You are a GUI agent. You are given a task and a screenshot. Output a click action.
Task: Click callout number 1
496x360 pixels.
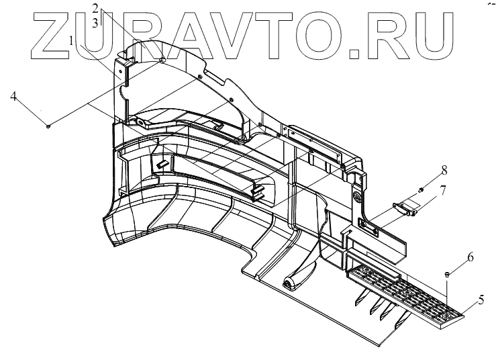pyautogui.click(x=71, y=41)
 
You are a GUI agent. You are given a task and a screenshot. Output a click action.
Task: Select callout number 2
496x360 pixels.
pyautogui.click(x=96, y=9)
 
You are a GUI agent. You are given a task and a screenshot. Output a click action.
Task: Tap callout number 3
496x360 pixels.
pyautogui.click(x=96, y=22)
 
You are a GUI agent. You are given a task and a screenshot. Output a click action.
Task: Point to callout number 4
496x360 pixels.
pyautogui.click(x=13, y=97)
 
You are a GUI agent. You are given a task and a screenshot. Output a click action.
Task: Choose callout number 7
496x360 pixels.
pyautogui.click(x=442, y=193)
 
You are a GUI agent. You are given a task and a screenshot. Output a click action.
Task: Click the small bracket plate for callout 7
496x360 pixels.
pyautogui.click(x=407, y=209)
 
